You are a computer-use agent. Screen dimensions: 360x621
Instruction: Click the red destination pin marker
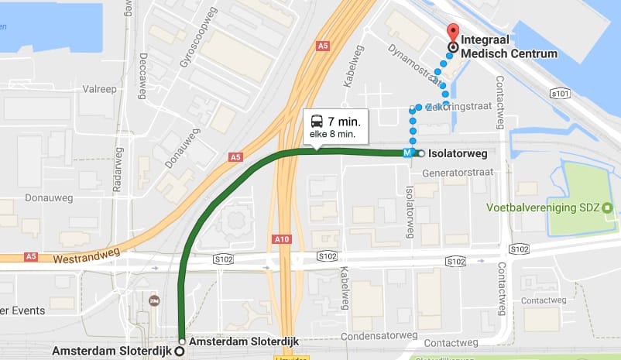pyautogui.click(x=452, y=33)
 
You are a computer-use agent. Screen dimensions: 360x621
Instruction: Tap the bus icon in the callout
pyautogui.click(x=317, y=121)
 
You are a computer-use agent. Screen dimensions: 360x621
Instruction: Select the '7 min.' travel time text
pyautogui.click(x=342, y=122)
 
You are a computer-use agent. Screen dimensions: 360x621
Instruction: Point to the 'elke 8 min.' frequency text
pyautogui.click(x=332, y=135)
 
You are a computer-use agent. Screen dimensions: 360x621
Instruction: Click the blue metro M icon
pyautogui.click(x=407, y=153)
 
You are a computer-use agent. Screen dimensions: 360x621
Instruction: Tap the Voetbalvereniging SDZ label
pyautogui.click(x=543, y=207)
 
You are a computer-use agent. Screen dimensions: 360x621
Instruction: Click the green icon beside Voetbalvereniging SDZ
pyautogui.click(x=607, y=207)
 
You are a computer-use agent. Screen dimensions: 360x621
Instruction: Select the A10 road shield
pyautogui.click(x=282, y=239)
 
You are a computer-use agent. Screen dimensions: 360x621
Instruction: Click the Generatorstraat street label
pyautogui.click(x=456, y=173)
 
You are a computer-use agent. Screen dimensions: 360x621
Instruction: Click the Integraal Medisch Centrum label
pyautogui.click(x=509, y=46)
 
